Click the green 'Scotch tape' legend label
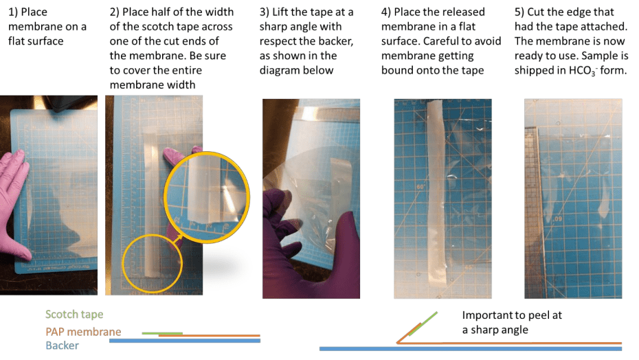pos(74,315)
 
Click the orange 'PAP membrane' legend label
pos(83,331)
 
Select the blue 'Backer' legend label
pos(62,346)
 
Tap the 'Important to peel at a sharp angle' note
pos(512,322)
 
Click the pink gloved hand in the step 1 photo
pos(15,204)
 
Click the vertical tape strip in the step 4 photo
pos(436,192)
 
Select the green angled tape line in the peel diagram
pos(423,324)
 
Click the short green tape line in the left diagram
pos(161,333)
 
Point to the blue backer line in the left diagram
pos(185,341)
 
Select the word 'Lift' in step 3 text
pos(281,12)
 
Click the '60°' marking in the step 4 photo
pos(420,187)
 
